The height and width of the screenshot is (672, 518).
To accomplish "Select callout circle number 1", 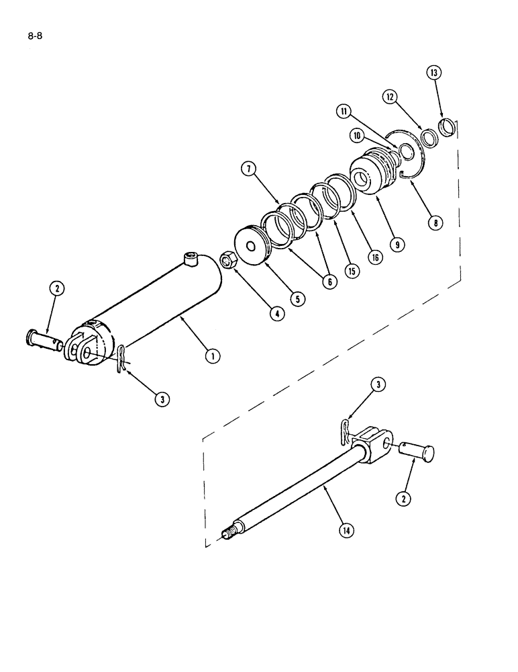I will click(x=213, y=356).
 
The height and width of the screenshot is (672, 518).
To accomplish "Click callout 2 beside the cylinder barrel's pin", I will click(x=57, y=288).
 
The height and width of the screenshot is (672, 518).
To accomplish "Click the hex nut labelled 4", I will click(x=227, y=259).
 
